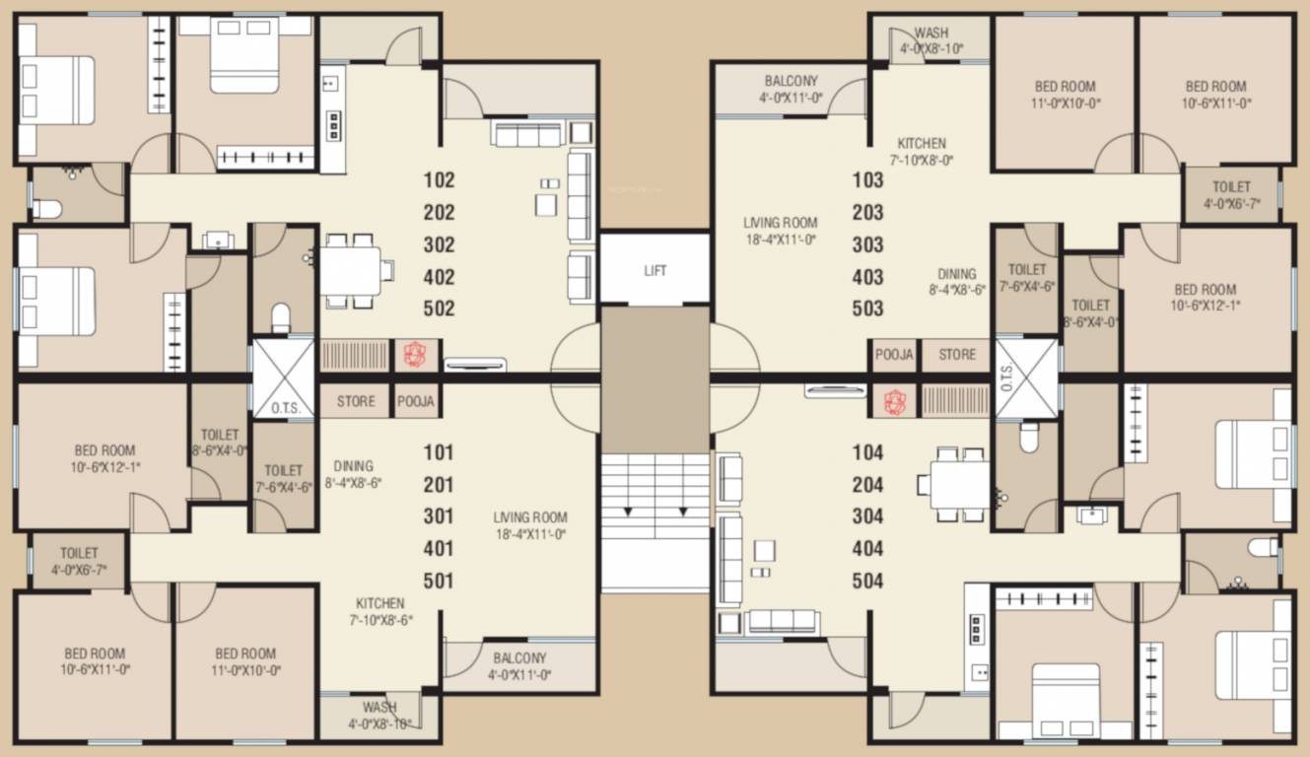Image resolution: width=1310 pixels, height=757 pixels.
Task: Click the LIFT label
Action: (x=655, y=270)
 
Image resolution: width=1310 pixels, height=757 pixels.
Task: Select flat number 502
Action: (x=439, y=309)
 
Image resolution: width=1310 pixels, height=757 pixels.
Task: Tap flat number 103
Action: (x=867, y=180)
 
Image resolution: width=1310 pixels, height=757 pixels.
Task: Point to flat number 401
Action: (x=439, y=548)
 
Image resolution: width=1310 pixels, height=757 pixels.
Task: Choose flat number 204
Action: (x=867, y=485)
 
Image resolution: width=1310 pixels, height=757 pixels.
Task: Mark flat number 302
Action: (x=439, y=244)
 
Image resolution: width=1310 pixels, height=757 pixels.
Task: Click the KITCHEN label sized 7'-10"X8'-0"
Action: (x=922, y=144)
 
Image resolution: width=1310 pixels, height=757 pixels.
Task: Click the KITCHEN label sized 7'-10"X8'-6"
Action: (x=380, y=603)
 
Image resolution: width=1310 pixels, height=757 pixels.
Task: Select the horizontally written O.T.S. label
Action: (x=284, y=407)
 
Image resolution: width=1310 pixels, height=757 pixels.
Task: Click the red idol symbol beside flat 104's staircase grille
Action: (x=893, y=401)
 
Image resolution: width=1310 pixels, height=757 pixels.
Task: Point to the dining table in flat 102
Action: (x=352, y=268)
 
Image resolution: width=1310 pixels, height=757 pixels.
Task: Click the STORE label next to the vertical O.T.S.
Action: (x=956, y=355)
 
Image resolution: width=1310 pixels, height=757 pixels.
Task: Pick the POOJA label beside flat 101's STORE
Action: (x=416, y=402)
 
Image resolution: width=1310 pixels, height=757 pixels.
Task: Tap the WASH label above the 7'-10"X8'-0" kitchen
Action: (x=931, y=34)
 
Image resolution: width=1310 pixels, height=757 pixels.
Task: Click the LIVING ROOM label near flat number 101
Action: (x=530, y=517)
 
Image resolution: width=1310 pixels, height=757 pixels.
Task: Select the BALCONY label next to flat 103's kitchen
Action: (x=791, y=81)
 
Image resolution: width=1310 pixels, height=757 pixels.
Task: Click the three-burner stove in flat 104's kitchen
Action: (x=977, y=628)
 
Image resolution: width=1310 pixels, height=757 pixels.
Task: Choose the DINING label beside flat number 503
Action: (x=957, y=275)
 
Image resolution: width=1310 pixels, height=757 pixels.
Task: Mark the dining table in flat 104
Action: (x=959, y=484)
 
